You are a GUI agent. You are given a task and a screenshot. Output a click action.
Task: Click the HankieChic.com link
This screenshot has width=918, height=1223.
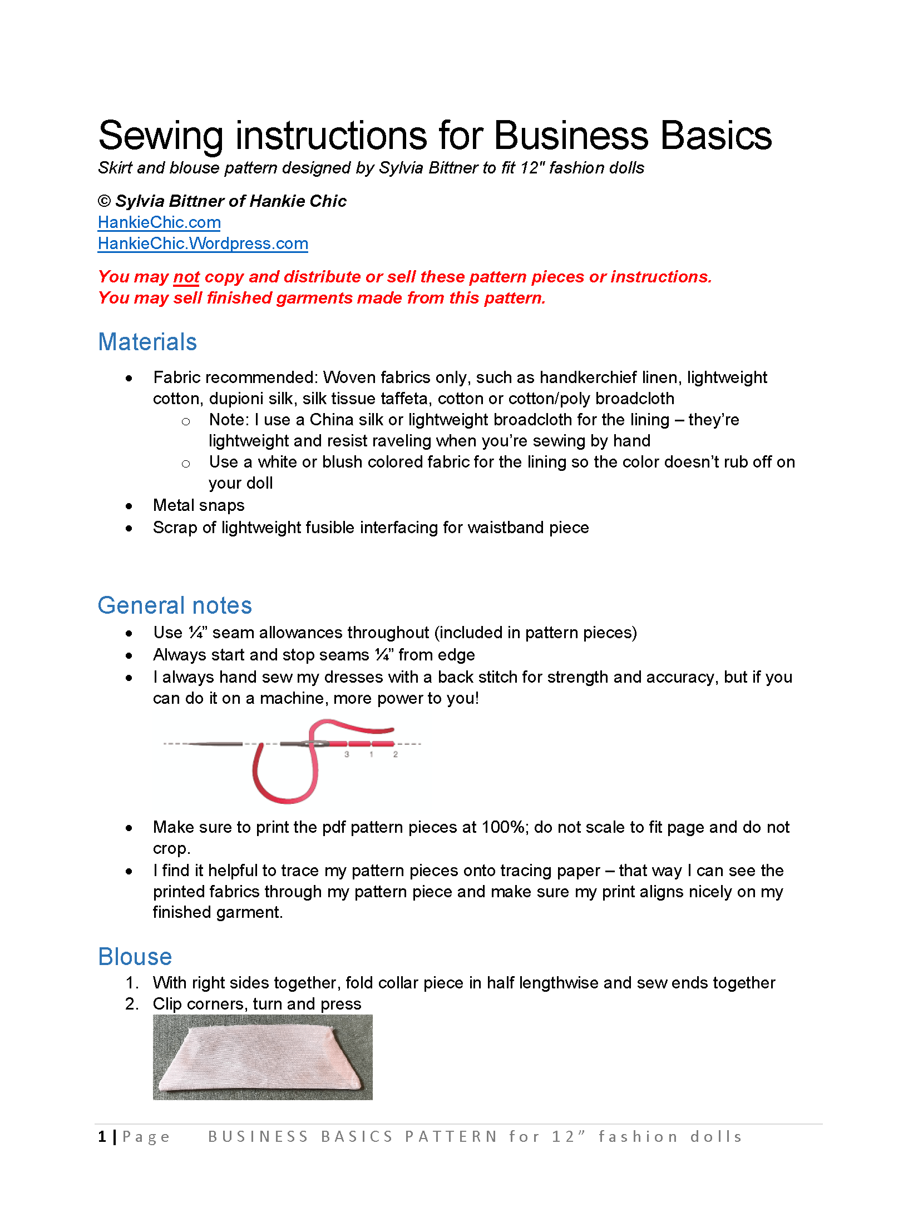159,222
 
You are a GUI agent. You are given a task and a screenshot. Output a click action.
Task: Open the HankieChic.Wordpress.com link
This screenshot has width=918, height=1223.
203,243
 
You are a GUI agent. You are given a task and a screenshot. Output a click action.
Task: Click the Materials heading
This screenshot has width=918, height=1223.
147,342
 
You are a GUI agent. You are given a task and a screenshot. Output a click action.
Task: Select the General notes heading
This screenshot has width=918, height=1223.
175,605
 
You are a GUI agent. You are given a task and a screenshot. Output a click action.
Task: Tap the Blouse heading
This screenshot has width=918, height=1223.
135,957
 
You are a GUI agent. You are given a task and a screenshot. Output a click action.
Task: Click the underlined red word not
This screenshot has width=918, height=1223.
186,277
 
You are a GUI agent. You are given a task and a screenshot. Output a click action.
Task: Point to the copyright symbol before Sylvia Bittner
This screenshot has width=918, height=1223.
104,201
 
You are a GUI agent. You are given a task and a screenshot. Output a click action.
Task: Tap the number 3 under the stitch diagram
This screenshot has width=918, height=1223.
347,754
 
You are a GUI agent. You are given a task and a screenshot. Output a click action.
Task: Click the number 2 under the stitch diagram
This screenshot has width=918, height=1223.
396,754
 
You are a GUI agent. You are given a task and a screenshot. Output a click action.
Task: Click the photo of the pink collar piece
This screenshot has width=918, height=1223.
263,1057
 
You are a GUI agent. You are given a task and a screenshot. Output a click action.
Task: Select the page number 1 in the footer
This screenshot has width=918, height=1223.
102,1137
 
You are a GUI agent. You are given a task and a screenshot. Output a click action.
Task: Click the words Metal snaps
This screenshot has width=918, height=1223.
199,505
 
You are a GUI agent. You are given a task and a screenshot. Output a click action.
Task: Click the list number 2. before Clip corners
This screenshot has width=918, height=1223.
132,1004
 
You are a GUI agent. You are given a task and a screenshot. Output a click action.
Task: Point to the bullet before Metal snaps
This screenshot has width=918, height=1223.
129,506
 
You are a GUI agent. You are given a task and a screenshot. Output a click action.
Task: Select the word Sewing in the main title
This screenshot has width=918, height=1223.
161,136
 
